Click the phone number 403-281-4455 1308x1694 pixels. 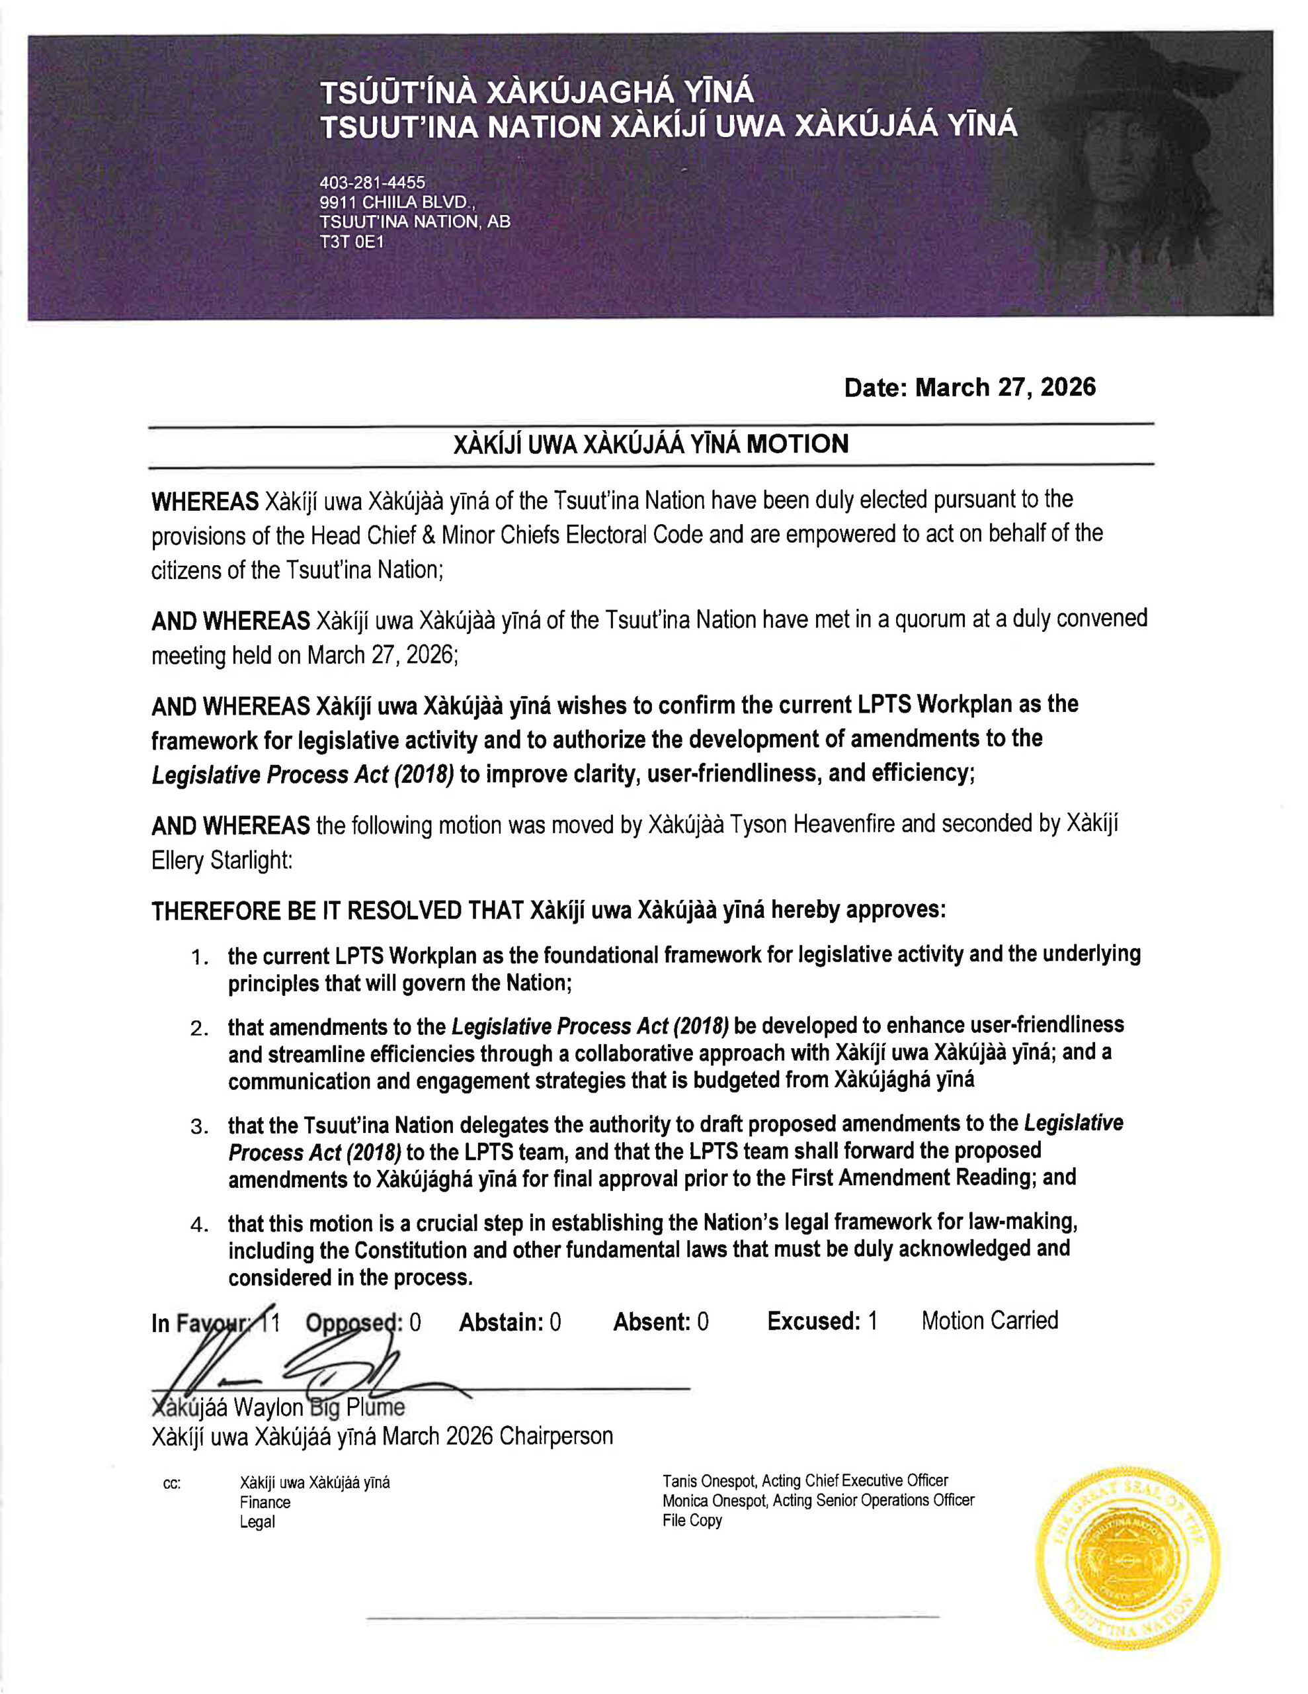pyautogui.click(x=372, y=183)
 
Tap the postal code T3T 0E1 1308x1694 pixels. pyautogui.click(x=351, y=242)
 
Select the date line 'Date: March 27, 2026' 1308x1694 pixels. pyautogui.click(x=969, y=387)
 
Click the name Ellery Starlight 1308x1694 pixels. pyautogui.click(x=221, y=861)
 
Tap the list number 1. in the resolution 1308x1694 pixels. pyautogui.click(x=200, y=958)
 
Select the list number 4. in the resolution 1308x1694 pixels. pyautogui.click(x=200, y=1226)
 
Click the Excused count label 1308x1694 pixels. pyautogui.click(x=813, y=1321)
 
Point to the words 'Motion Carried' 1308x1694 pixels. pyautogui.click(x=989, y=1321)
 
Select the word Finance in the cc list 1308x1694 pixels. pyautogui.click(x=265, y=1502)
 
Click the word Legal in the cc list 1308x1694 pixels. pyautogui.click(x=257, y=1522)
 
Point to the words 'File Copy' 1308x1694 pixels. pyautogui.click(x=692, y=1520)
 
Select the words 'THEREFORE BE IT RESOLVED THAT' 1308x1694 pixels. pyautogui.click(x=337, y=911)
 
